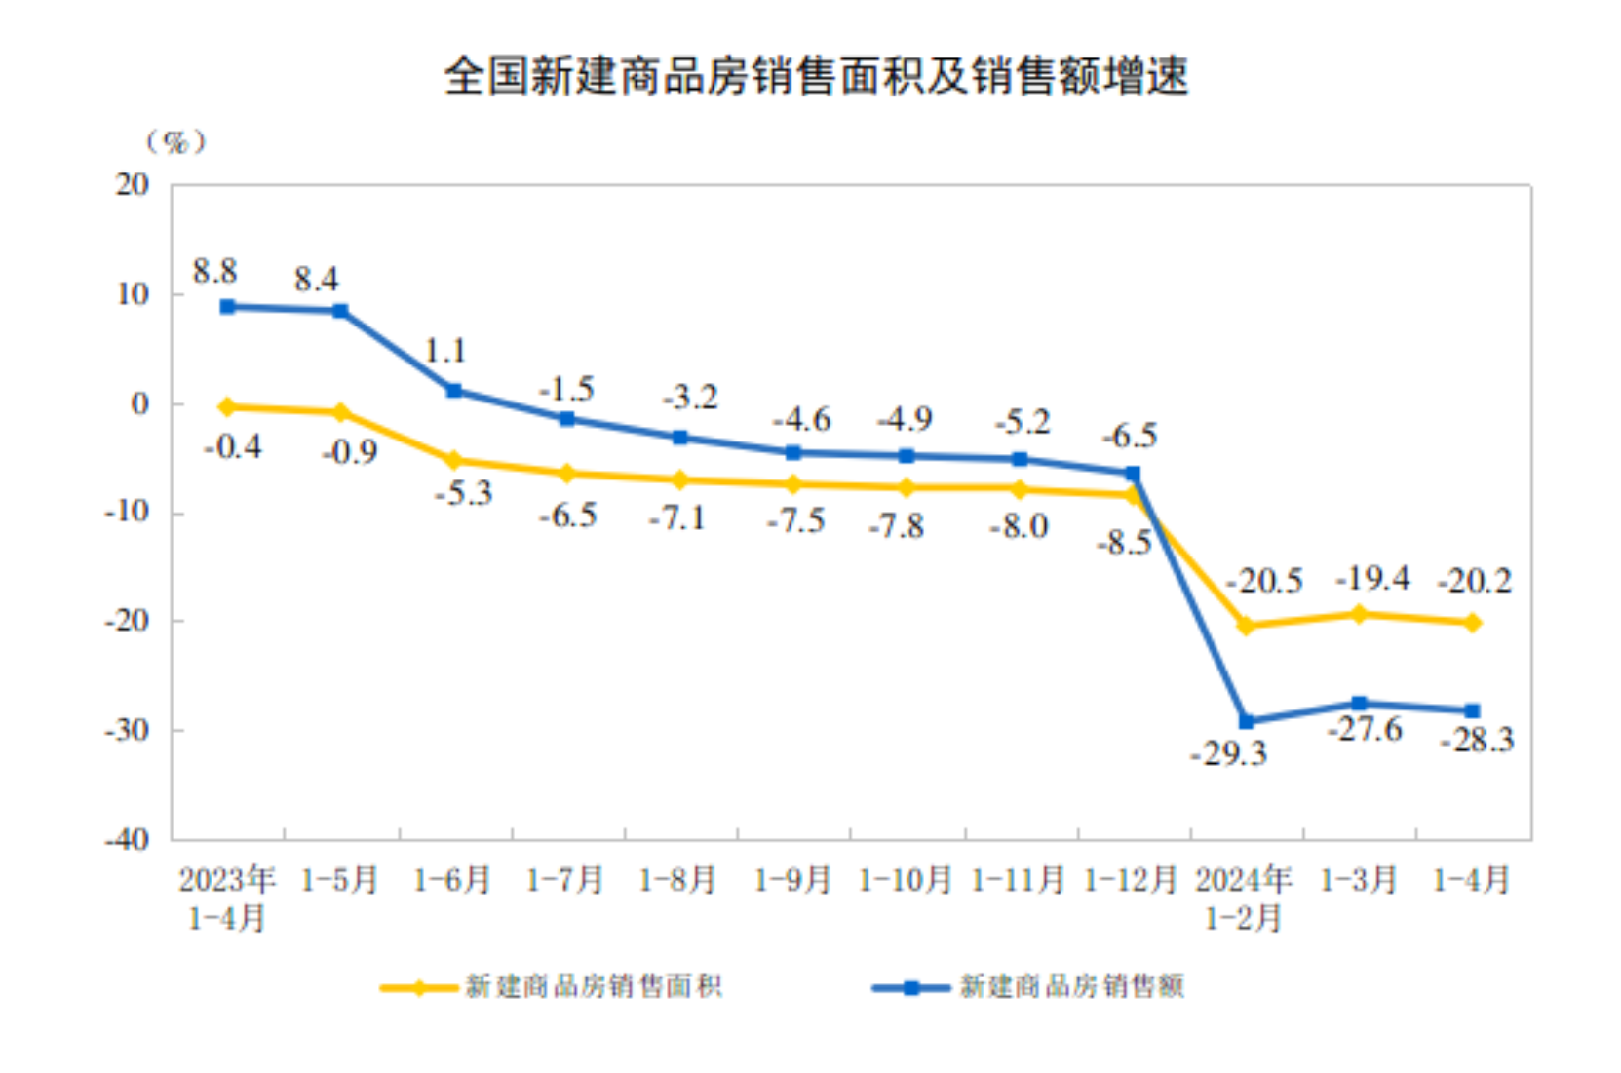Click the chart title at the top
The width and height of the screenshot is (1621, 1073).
816,75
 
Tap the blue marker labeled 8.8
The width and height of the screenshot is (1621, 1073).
227,307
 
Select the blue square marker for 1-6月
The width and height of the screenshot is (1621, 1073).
454,390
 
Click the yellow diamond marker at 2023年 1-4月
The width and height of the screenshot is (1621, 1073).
227,407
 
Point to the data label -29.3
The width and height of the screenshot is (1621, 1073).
1228,753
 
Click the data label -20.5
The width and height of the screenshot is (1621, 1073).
1264,581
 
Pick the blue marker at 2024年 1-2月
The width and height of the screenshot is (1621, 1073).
1246,721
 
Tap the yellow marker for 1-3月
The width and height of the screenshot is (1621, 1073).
1359,614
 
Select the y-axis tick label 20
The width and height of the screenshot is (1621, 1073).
133,184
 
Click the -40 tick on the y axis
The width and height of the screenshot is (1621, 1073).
128,839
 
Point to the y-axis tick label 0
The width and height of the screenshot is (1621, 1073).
139,402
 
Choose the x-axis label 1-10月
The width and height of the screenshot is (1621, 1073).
905,880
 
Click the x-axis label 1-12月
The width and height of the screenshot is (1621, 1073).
1131,880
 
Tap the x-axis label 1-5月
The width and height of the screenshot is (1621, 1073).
339,880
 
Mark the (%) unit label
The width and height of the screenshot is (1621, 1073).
175,142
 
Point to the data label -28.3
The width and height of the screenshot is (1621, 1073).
1478,740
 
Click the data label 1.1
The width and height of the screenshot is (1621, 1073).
445,351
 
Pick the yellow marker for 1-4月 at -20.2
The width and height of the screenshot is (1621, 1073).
1472,623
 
